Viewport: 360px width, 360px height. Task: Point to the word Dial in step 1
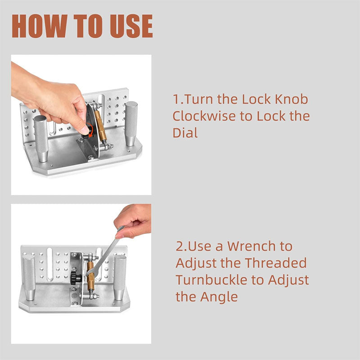(185, 133)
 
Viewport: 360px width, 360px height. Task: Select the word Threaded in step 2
(275, 263)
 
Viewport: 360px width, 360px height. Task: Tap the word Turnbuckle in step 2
(213, 280)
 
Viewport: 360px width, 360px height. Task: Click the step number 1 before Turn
(175, 99)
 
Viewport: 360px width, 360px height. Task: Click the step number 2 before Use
(180, 247)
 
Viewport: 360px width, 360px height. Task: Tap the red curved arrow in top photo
(91, 130)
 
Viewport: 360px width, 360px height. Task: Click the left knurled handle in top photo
(40, 137)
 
